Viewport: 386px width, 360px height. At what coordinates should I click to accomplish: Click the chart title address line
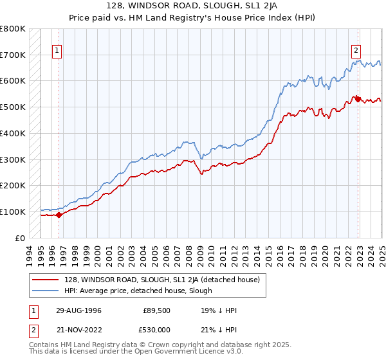point(193,6)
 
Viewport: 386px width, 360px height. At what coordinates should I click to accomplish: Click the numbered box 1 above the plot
point(57,50)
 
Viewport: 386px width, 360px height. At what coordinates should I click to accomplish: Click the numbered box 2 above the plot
point(356,50)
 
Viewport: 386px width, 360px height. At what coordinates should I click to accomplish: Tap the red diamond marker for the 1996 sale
point(59,215)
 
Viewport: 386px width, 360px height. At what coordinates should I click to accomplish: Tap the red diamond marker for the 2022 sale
point(358,99)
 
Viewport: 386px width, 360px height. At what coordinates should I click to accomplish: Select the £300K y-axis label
point(13,159)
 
